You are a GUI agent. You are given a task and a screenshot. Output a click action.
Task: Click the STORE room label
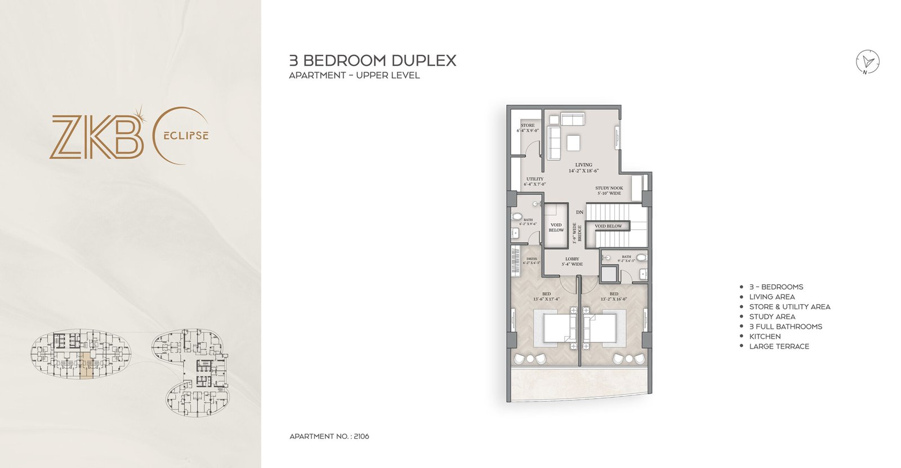[x=528, y=126]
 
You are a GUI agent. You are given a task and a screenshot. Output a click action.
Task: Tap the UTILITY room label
[x=534, y=179]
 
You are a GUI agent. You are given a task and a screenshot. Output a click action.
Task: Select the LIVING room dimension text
[x=583, y=171]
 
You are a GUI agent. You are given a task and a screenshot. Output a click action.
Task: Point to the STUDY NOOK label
[x=609, y=189]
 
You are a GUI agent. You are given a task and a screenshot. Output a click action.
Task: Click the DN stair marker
[x=579, y=212]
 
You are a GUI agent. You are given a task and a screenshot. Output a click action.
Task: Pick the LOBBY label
[x=572, y=259]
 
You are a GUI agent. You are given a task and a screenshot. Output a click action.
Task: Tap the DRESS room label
[x=532, y=259]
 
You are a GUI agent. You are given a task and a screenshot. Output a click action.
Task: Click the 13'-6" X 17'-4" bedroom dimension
[x=547, y=299]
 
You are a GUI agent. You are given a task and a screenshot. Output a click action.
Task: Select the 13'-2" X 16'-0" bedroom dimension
[x=614, y=299]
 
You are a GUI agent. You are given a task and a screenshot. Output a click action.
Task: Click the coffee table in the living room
[x=574, y=144]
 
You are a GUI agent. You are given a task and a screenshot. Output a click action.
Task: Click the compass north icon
[x=868, y=61]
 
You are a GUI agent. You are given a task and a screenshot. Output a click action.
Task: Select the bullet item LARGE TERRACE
[x=779, y=346]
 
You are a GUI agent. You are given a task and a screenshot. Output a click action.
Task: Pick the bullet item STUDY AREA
[x=772, y=317]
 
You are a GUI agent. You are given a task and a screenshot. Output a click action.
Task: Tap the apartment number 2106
[x=361, y=436]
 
